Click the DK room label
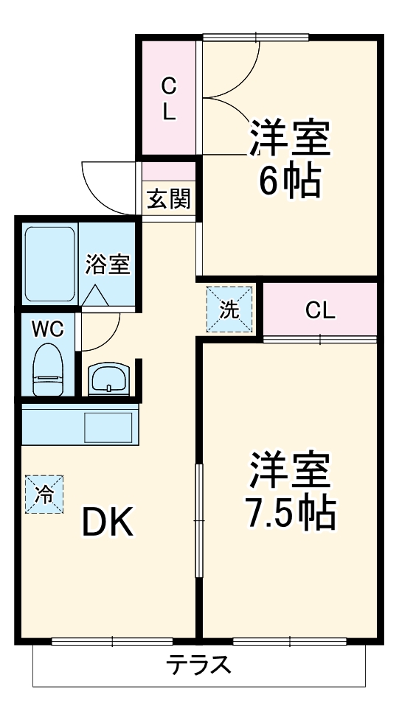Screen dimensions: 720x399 click(107, 523)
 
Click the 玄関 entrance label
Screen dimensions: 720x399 click(168, 199)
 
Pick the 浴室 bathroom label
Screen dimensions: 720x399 click(108, 264)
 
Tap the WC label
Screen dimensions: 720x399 click(46, 329)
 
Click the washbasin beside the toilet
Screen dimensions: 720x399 click(109, 379)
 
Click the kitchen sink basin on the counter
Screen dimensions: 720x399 click(108, 426)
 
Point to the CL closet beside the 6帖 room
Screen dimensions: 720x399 click(169, 99)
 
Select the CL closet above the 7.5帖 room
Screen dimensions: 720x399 click(320, 310)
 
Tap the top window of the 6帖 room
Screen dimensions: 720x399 click(255, 37)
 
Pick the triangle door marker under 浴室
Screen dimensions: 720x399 click(94, 295)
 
